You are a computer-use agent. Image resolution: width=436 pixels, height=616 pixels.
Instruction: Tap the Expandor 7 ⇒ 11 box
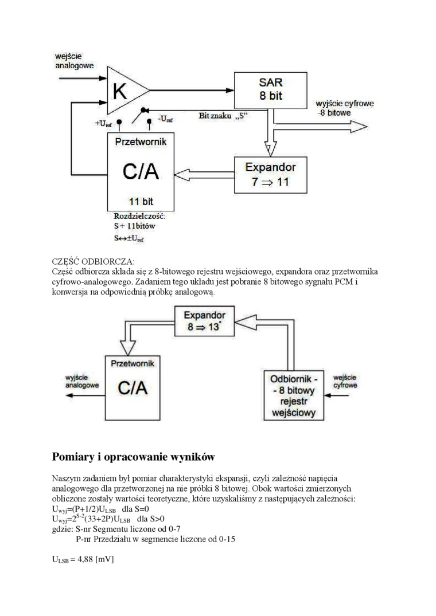[x=270, y=174]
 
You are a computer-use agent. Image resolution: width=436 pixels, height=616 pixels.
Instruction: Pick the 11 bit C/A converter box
[x=141, y=171]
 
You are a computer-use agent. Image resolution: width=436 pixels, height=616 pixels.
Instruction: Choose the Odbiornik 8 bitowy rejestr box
[x=294, y=395]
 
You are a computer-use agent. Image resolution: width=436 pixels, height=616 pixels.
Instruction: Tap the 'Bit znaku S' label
[x=223, y=116]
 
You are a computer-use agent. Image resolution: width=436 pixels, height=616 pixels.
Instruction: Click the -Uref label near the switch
[x=166, y=119]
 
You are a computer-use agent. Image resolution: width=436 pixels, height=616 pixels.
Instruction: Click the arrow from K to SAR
[x=192, y=89]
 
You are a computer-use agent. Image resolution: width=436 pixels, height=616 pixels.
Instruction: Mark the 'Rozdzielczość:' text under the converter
[x=140, y=216]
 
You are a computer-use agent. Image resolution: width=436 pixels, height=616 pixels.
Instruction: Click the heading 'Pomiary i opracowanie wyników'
[x=133, y=457]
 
